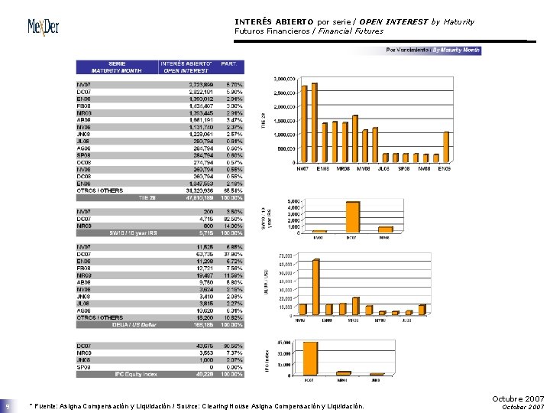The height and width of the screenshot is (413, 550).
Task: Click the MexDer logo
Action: click(43, 28)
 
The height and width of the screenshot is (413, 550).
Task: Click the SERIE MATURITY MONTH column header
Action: click(117, 67)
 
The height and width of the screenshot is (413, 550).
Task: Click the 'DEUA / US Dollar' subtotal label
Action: click(135, 324)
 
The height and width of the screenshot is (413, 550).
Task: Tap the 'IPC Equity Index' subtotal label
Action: click(135, 374)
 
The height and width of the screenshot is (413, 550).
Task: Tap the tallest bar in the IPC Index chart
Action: click(309, 358)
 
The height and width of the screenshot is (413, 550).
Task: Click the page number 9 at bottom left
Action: click(7, 406)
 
